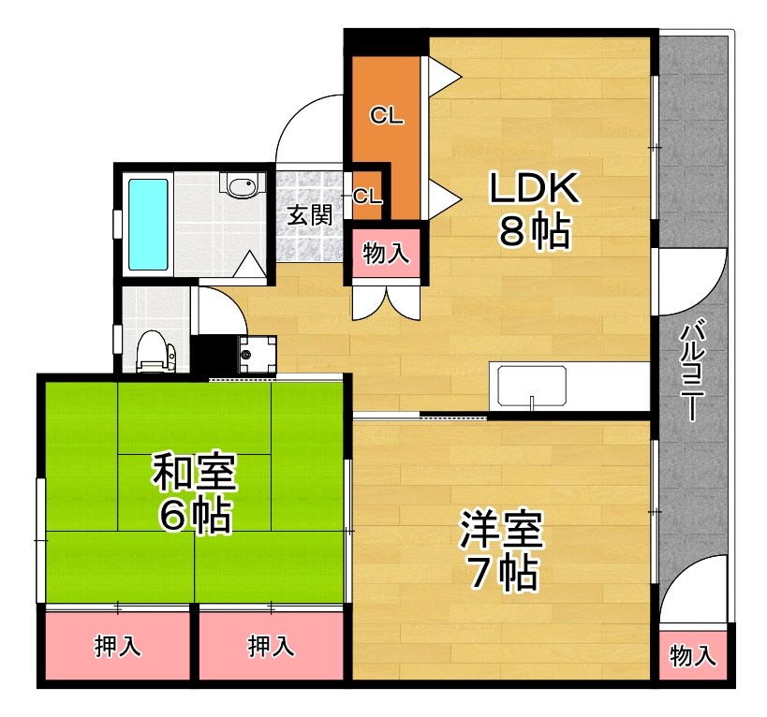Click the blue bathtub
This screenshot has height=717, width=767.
(x=147, y=222)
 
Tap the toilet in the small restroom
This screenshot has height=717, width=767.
(x=155, y=353)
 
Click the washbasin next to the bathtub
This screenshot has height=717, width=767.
(x=241, y=185)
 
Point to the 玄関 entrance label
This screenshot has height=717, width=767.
(x=309, y=215)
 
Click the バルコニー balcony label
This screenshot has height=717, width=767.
(x=694, y=371)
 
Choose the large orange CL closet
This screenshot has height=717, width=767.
(x=385, y=116)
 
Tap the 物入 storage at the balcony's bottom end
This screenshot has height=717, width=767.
(x=693, y=657)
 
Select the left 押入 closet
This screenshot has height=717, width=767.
(x=117, y=647)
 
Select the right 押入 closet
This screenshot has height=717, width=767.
(x=271, y=647)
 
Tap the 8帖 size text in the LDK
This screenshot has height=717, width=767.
(x=534, y=234)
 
